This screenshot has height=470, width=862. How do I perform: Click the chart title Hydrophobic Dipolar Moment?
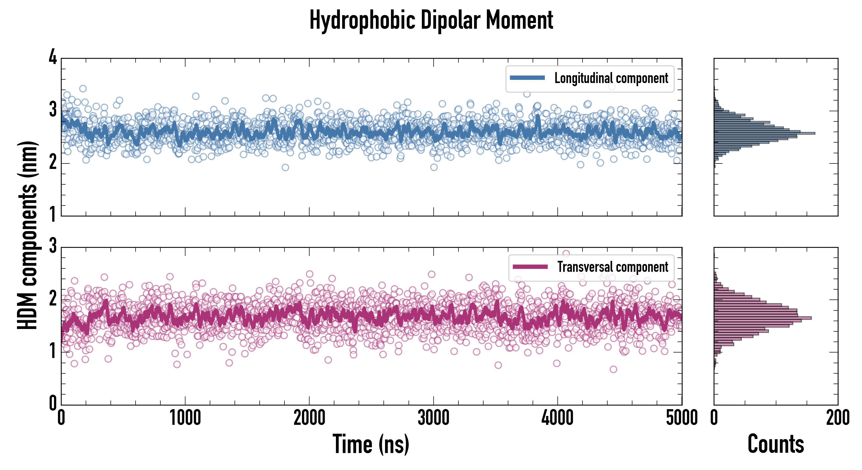coord(431,20)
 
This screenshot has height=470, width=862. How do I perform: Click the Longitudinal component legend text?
coord(611,78)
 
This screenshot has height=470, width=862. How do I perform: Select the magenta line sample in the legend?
coord(530,267)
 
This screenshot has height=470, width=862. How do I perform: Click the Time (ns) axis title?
coord(371,444)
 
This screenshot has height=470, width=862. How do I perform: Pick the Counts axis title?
coord(776,444)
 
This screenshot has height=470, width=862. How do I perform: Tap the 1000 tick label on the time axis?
coord(185,418)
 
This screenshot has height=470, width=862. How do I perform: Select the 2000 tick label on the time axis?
coord(309,418)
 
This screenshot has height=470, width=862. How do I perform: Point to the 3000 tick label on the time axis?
coord(433,418)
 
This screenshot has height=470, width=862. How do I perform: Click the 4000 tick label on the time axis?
coord(557,418)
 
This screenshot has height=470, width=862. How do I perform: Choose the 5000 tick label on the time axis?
coord(682,418)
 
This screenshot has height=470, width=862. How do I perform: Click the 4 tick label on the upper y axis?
coord(53,57)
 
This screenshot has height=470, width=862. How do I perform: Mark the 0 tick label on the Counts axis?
coord(714,418)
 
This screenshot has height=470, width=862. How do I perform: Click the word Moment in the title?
coord(519,20)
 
